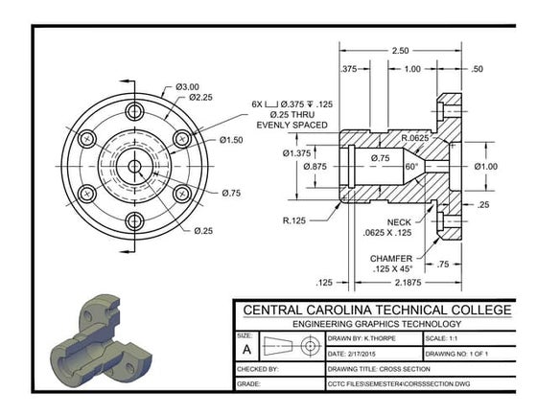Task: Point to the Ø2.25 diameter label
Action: (200, 98)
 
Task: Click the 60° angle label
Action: (412, 167)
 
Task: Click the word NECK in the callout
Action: (373, 221)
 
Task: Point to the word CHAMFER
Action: (390, 259)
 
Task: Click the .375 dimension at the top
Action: (349, 69)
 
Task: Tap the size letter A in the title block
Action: (245, 351)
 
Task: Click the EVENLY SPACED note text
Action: (293, 125)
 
